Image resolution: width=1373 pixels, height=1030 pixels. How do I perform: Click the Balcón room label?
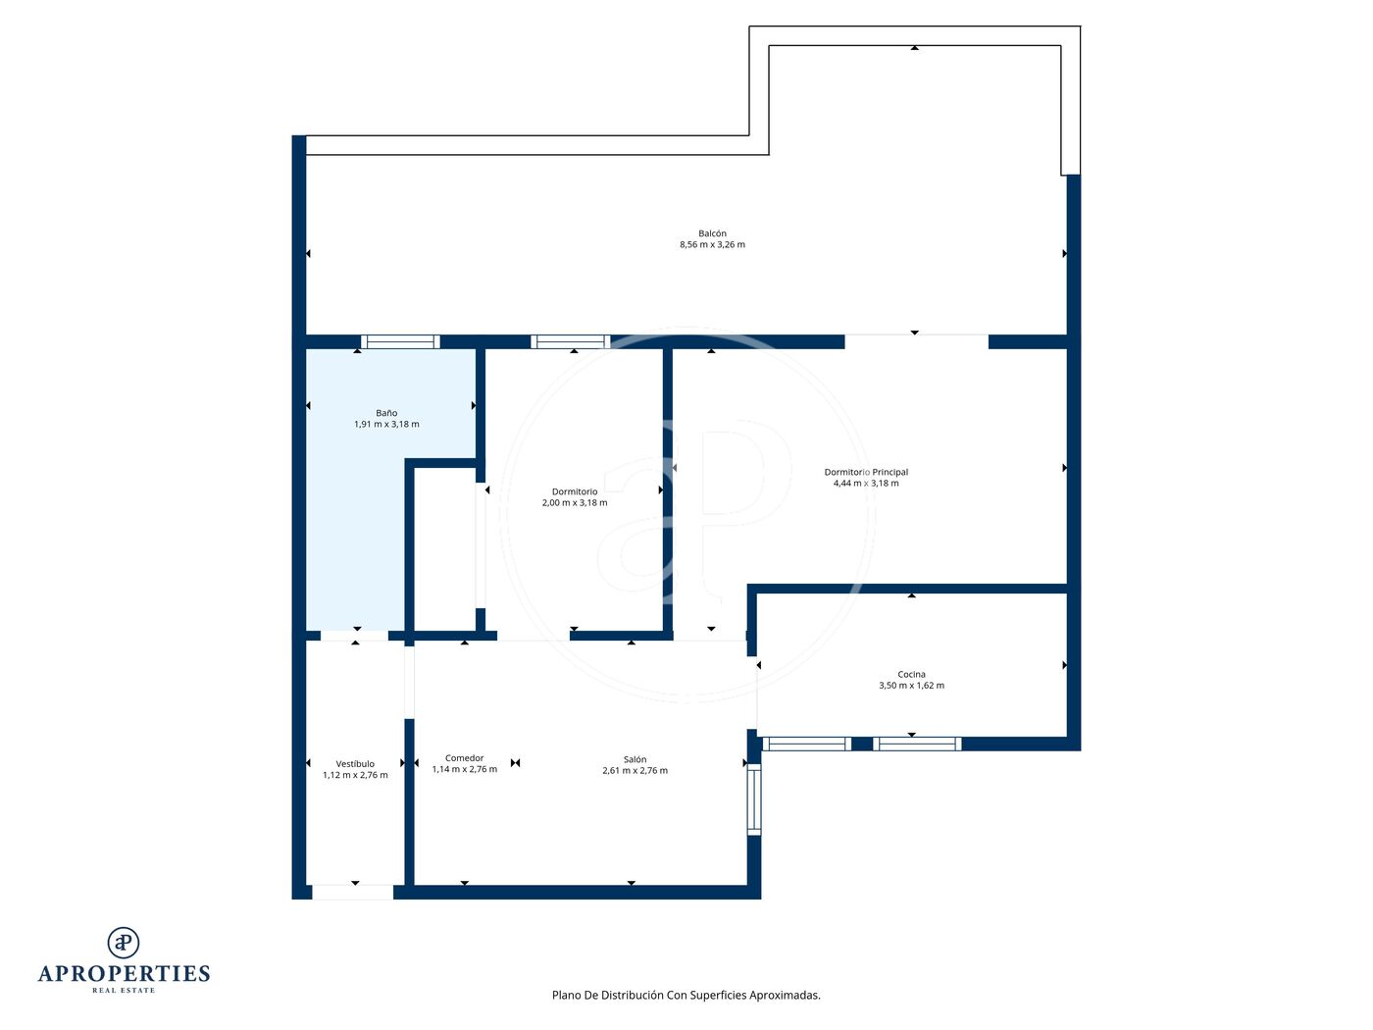tap(712, 233)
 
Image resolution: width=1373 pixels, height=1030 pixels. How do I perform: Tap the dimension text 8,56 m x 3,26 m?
tap(712, 244)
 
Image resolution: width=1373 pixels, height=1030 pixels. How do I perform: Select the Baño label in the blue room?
tap(386, 413)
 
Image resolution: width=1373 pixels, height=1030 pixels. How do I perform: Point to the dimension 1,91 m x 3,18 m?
tap(386, 424)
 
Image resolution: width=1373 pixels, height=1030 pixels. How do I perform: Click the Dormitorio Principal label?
tap(866, 472)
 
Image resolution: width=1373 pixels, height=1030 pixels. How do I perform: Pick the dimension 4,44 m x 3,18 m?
tap(866, 484)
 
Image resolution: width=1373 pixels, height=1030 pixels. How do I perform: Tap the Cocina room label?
tap(911, 674)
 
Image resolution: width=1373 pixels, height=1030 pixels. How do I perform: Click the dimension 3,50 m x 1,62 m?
tap(911, 686)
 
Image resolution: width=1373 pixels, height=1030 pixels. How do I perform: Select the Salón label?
tap(635, 759)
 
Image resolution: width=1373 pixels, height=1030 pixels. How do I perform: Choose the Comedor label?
tap(464, 758)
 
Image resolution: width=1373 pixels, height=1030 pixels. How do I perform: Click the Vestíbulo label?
tap(355, 763)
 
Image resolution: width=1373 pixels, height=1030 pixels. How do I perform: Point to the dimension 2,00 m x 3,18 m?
tap(575, 503)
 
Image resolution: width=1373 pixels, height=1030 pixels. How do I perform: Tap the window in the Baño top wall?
tap(400, 341)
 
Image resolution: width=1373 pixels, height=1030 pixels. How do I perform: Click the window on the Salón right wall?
tap(754, 799)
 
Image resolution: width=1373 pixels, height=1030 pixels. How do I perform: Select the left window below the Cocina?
tap(806, 744)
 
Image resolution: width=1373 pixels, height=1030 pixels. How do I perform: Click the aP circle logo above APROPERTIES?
tap(124, 943)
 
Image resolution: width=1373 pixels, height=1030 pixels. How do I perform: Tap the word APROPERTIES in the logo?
tap(124, 974)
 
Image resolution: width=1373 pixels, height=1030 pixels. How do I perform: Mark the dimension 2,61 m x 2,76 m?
tap(635, 770)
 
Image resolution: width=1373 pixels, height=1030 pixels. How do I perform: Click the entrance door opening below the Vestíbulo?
tap(353, 893)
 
